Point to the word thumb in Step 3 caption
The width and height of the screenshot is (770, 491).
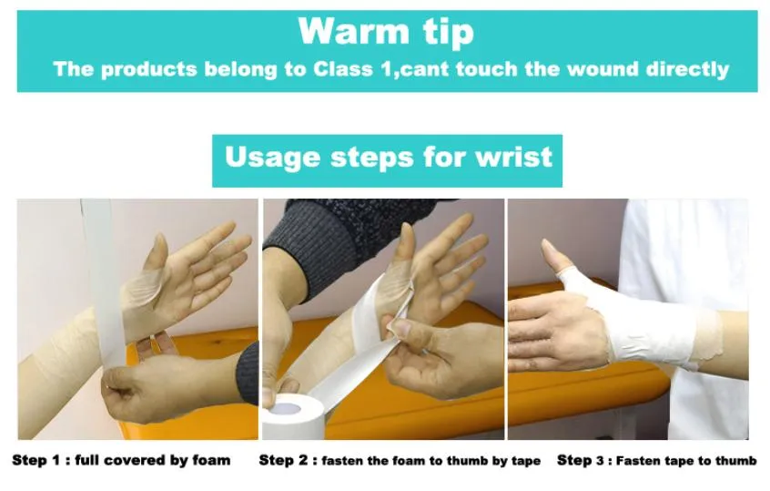(x=737, y=461)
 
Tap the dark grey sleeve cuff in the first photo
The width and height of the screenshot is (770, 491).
(x=247, y=373)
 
